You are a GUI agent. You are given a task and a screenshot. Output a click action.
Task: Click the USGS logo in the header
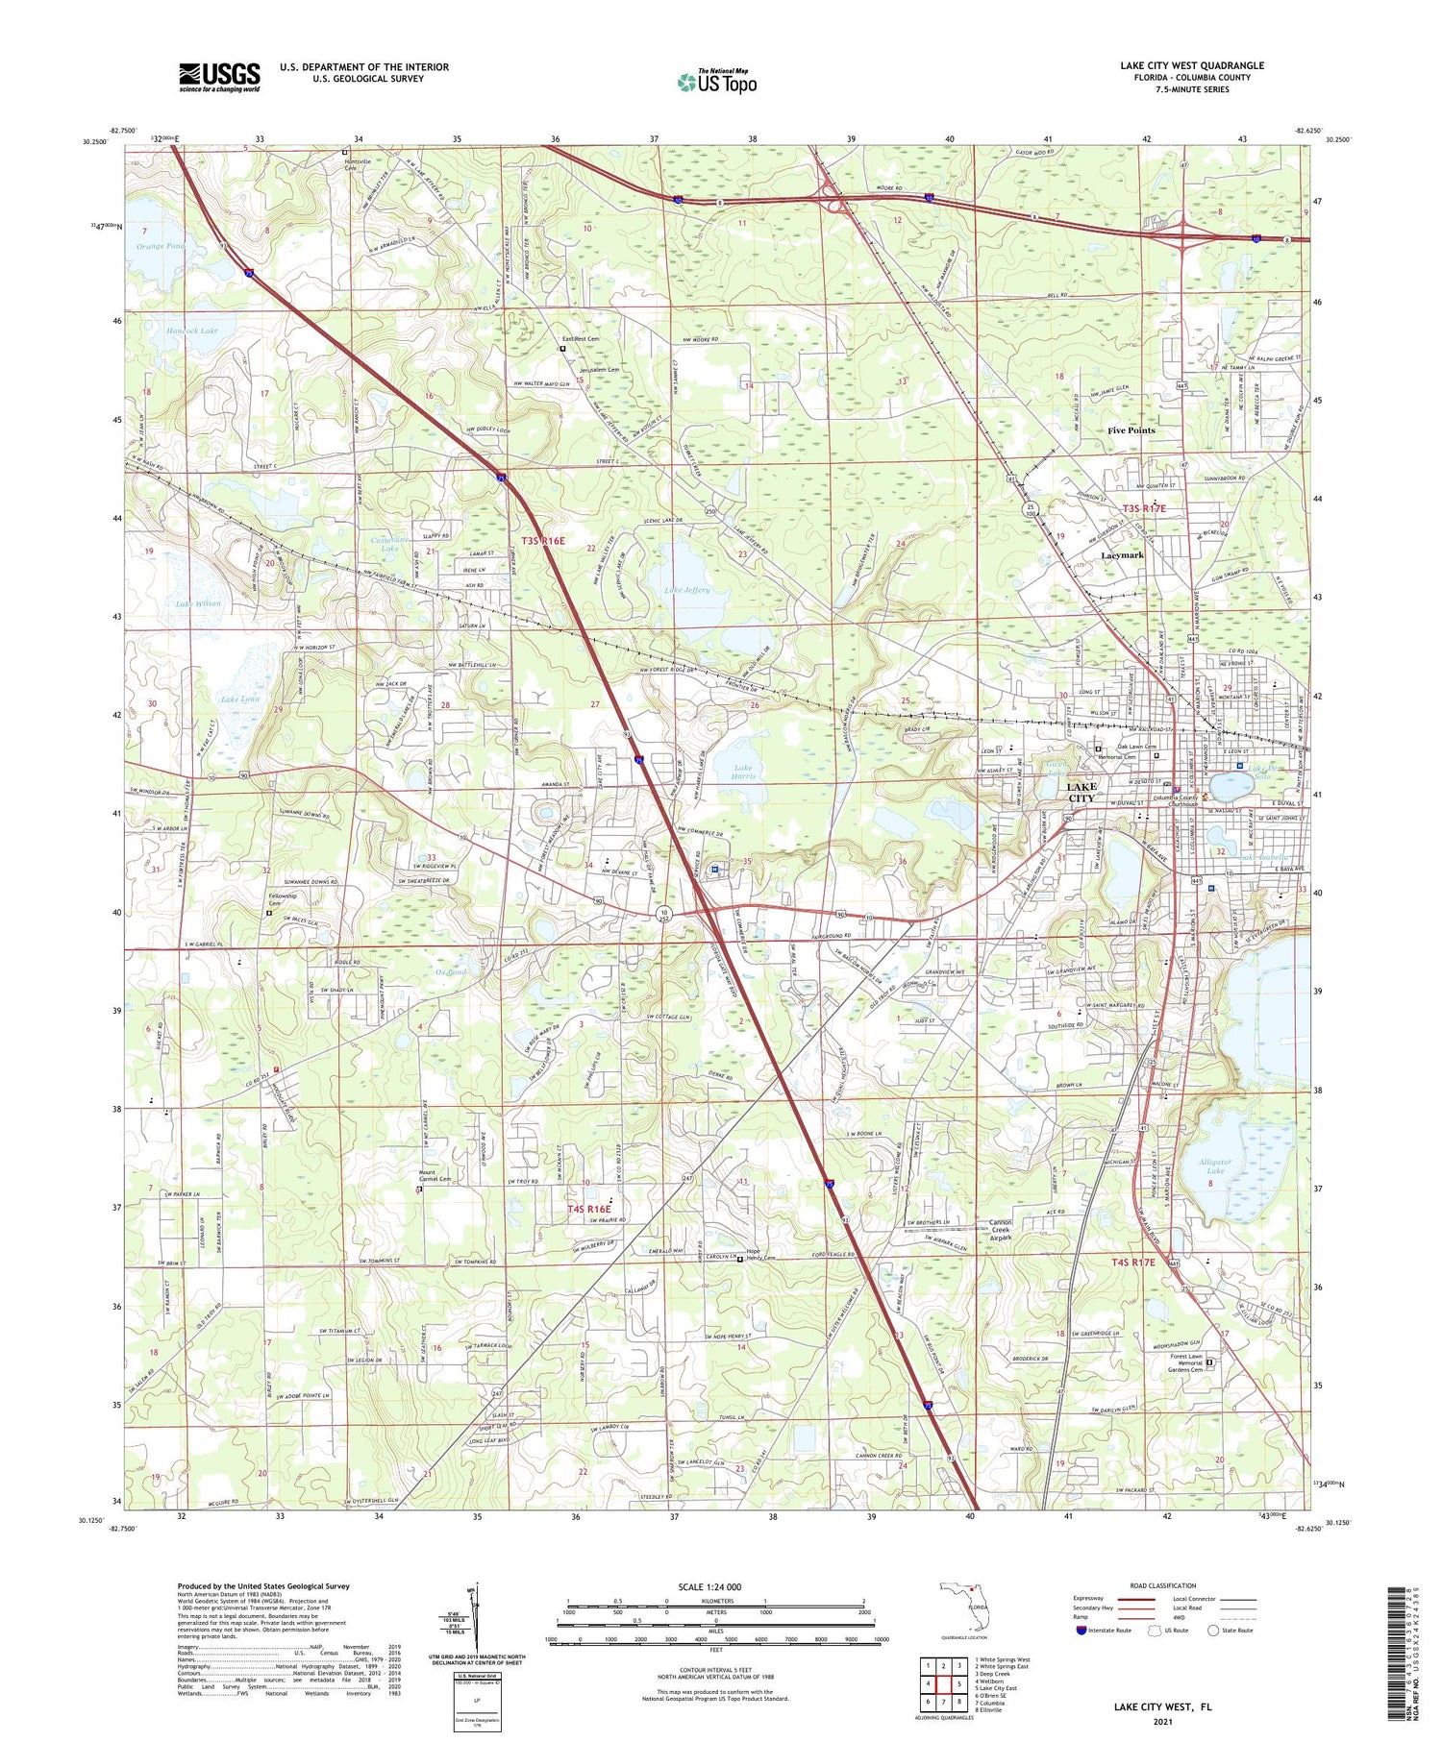coord(219,77)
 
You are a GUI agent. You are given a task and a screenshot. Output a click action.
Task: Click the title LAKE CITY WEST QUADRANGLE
coord(1191,65)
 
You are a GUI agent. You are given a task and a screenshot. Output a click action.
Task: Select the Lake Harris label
coord(744,772)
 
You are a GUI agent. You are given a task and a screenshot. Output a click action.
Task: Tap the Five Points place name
coord(1131,430)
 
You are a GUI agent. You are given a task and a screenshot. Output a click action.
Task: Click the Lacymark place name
coord(1122,555)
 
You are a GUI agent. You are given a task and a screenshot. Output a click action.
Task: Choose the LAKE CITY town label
coord(1081,793)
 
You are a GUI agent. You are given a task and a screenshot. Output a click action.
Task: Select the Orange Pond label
coord(161,246)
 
